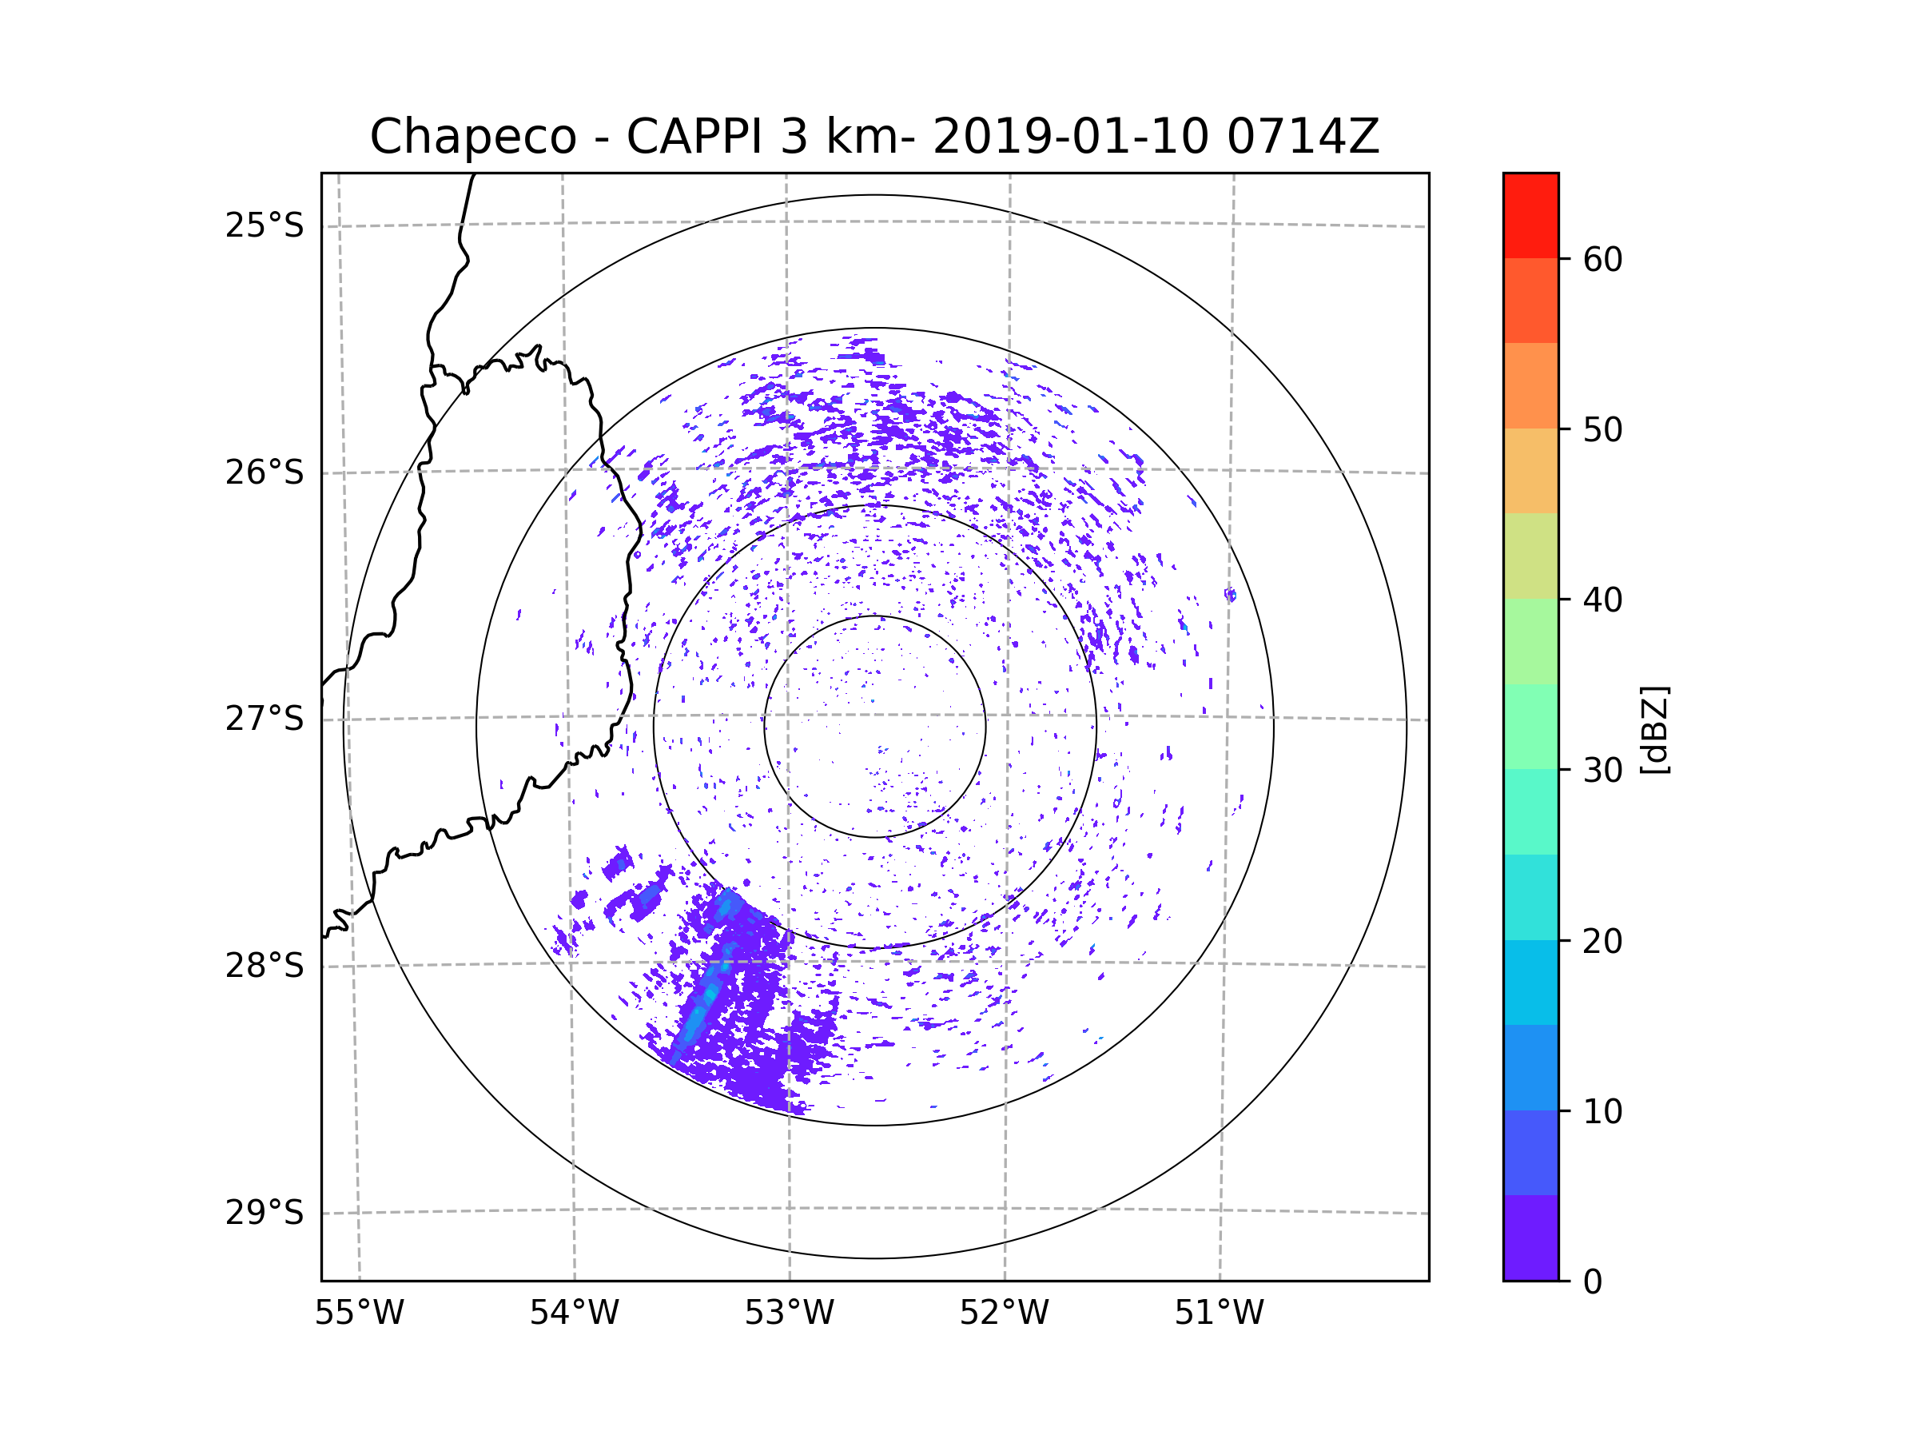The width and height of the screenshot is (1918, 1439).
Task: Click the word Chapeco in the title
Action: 472,137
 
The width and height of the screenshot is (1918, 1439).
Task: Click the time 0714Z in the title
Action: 1303,137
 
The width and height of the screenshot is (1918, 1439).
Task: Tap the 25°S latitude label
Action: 265,225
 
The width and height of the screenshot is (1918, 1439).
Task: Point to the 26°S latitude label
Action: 265,472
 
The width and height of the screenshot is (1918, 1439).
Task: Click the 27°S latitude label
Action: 265,719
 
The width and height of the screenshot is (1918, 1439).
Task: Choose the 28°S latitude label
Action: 265,966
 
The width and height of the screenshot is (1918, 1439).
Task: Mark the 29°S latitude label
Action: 265,1213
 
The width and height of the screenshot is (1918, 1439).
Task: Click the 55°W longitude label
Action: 359,1313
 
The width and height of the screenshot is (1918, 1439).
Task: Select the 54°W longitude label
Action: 574,1313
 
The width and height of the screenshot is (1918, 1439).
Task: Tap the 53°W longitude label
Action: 789,1313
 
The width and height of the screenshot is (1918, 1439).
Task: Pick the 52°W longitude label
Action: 1004,1313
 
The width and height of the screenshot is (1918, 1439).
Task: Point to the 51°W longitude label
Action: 1219,1313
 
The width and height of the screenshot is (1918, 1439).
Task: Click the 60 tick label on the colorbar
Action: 1602,259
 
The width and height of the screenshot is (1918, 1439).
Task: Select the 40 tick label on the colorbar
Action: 1602,600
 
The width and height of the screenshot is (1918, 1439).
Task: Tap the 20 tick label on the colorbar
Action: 1602,941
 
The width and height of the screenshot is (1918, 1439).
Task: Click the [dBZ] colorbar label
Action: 1654,729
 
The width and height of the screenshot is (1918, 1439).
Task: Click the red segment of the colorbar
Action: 1530,216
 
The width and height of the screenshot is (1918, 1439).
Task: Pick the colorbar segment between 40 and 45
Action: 1530,556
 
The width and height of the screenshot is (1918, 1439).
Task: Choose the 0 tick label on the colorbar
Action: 1593,1282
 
